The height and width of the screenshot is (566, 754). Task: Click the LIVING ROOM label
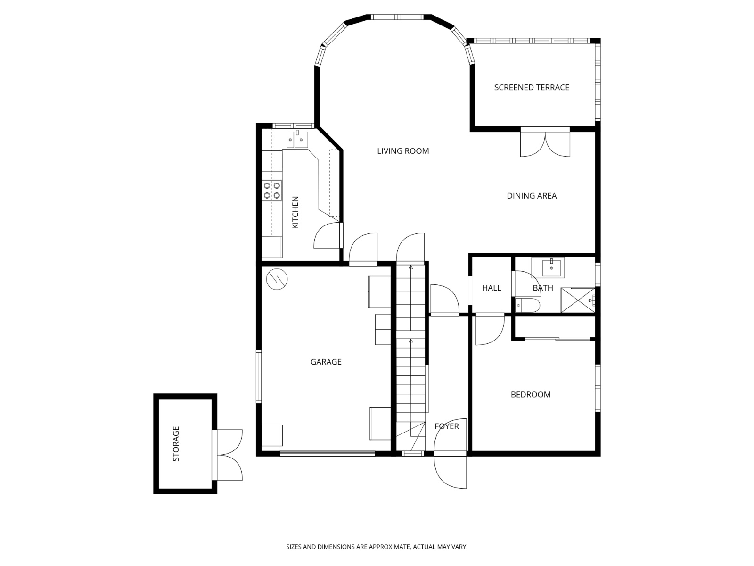[x=403, y=151]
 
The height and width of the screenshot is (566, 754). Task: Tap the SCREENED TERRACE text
[x=532, y=87]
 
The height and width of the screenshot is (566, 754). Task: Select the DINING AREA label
[x=532, y=196]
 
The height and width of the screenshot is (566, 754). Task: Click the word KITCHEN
[x=295, y=213]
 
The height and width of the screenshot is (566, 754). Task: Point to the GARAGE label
[x=326, y=362]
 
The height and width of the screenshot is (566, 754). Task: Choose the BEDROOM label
[x=531, y=394]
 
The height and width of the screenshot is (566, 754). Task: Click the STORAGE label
[x=176, y=444]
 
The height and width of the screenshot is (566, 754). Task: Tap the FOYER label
[x=446, y=426]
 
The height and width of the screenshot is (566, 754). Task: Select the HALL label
[x=492, y=288]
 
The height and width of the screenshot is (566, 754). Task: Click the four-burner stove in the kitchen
[x=272, y=191]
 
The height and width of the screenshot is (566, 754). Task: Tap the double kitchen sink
[x=297, y=139]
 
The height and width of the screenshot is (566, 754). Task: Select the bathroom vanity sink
[x=550, y=267]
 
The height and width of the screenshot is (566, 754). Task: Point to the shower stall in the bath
[x=578, y=300]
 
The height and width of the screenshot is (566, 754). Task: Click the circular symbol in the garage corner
[x=277, y=279]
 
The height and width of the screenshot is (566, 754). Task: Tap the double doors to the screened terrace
[x=545, y=143]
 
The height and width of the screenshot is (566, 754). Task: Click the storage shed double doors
[x=229, y=455]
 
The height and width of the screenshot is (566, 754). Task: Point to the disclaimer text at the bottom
[x=377, y=547]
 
